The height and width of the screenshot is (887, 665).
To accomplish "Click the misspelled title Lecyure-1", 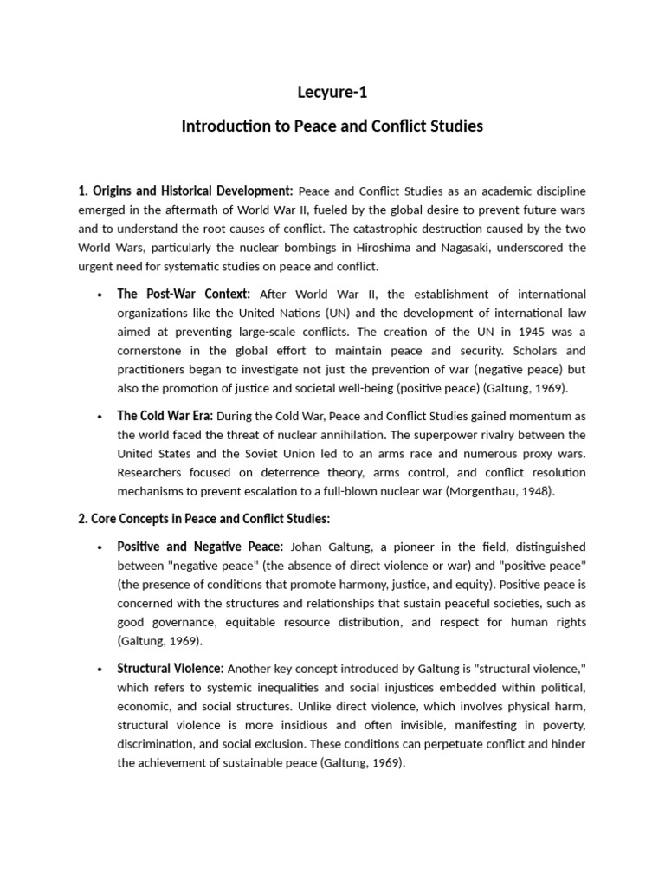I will click(x=332, y=92).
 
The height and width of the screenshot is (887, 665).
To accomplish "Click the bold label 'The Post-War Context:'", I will click(x=184, y=294).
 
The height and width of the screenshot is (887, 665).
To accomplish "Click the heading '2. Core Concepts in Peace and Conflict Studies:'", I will click(x=204, y=519).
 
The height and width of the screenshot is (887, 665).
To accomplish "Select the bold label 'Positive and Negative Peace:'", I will click(x=200, y=547).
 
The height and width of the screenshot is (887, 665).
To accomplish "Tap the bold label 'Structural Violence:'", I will click(x=171, y=669).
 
